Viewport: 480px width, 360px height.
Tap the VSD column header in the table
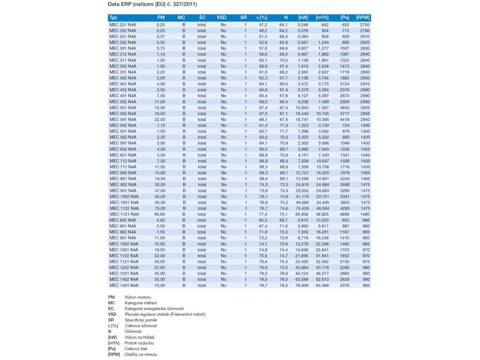coord(221,17)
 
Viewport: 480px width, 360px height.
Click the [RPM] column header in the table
coord(363,17)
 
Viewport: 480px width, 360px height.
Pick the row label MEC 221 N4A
coord(122,24)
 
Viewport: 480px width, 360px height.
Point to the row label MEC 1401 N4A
coord(124,285)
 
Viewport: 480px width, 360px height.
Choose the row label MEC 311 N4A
coord(122,60)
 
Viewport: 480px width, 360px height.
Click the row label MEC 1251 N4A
coord(124,273)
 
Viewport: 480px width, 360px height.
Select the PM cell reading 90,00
coord(160,214)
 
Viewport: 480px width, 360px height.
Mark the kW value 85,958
coord(302,214)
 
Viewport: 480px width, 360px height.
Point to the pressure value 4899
coord(345,214)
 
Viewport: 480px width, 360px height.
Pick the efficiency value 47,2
coord(263,24)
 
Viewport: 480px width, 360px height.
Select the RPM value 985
coord(366,285)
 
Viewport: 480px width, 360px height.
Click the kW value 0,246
coord(302,24)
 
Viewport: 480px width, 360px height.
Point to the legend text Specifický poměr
coord(141,320)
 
